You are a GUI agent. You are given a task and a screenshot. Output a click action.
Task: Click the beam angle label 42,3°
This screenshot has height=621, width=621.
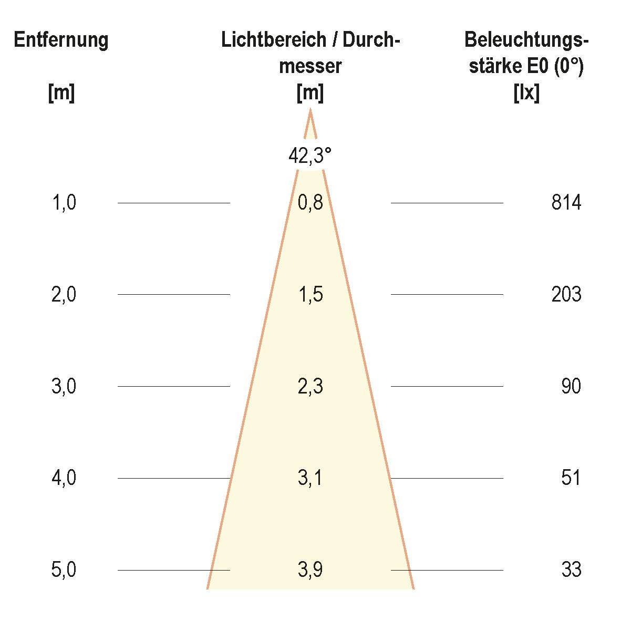[310, 156]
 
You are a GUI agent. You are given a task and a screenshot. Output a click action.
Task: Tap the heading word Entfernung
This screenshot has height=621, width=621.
[61, 40]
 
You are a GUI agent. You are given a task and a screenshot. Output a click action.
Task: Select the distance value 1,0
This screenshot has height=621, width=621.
[64, 203]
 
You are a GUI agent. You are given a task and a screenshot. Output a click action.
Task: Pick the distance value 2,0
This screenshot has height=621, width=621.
[64, 295]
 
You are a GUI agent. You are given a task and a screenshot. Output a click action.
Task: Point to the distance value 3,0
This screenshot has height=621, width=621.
[64, 387]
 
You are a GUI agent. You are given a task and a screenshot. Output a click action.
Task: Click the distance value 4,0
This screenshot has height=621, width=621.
[64, 478]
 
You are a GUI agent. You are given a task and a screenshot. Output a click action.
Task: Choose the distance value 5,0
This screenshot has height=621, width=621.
[64, 570]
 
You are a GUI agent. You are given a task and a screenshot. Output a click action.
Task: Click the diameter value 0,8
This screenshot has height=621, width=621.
[310, 203]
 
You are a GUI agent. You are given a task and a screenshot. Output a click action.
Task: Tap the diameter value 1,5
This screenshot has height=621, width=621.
[310, 295]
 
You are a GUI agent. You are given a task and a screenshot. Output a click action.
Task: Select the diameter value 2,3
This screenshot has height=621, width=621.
[310, 387]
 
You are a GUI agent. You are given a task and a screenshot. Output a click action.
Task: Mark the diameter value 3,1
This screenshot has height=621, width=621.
[310, 478]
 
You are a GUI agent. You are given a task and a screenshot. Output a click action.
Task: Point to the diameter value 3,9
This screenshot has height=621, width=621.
[310, 570]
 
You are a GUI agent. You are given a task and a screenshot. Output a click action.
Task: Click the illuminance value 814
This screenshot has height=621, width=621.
[566, 203]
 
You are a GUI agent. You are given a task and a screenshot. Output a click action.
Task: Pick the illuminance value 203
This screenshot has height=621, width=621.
[566, 295]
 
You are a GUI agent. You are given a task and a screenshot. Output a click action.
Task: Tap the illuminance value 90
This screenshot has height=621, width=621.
[571, 387]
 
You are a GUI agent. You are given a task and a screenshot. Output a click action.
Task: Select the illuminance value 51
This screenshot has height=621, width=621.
[571, 478]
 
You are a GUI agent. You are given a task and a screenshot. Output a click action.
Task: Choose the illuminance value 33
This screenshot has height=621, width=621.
[571, 570]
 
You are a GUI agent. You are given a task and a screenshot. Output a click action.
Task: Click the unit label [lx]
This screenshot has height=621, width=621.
[526, 94]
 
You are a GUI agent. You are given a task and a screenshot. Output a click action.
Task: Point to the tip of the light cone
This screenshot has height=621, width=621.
[310, 110]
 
